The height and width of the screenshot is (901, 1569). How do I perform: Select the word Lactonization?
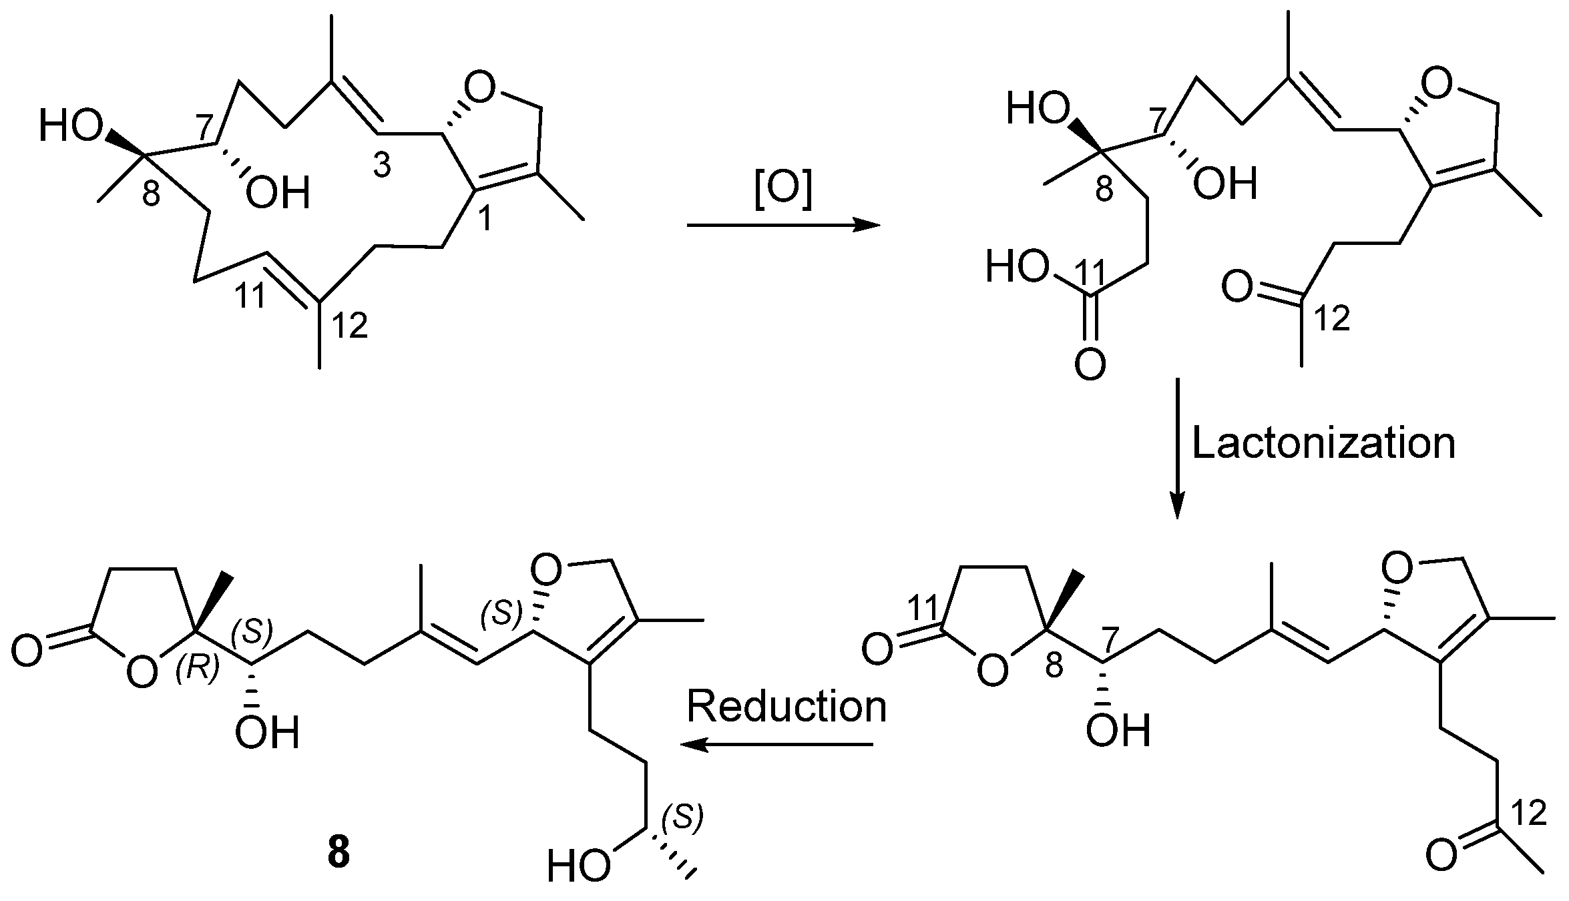pos(1323,443)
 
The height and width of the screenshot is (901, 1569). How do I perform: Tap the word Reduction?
pos(787,707)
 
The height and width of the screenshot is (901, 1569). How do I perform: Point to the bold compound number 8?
pos(339,854)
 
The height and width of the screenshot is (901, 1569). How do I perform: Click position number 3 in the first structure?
pos(381,167)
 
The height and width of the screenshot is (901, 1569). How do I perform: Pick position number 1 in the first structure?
pos(485,219)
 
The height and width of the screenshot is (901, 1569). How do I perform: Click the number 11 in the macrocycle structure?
pos(250,296)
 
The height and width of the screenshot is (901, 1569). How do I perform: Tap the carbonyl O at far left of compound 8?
pos(27,650)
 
